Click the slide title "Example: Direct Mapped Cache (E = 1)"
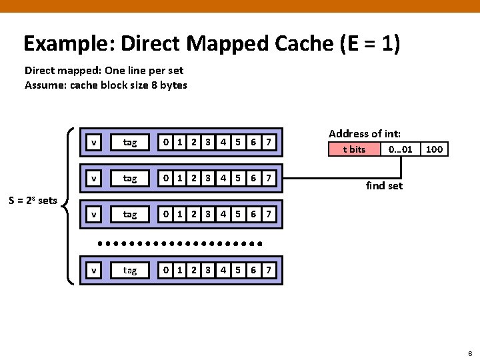(x=211, y=44)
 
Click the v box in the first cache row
(x=95, y=142)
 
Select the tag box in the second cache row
(x=130, y=178)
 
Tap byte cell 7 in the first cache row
(x=268, y=142)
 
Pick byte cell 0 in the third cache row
(x=166, y=214)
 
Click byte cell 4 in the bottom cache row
(x=223, y=270)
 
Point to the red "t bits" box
(x=354, y=149)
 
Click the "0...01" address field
(x=400, y=149)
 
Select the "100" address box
(x=434, y=149)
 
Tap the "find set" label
(x=385, y=185)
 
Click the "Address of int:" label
(x=364, y=133)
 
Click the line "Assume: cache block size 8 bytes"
(x=106, y=85)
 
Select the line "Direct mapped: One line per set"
(x=104, y=70)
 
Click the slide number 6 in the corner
(x=470, y=353)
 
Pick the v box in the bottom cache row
(x=95, y=270)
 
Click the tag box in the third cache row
(x=130, y=214)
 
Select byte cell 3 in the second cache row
(x=208, y=178)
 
